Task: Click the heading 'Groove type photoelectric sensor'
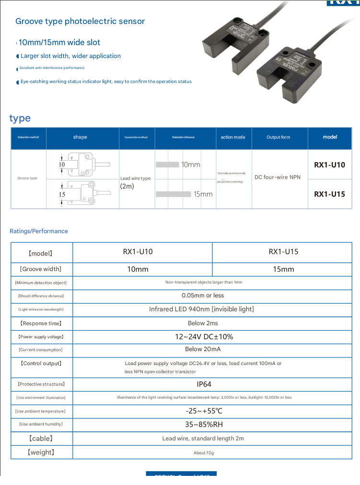coord(80,21)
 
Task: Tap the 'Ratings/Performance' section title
coord(39,231)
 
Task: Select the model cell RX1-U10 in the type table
coord(329,165)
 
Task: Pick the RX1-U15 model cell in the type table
coord(329,194)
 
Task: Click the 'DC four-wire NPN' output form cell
coord(278,177)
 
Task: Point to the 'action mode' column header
coord(233,137)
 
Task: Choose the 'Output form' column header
coord(279,137)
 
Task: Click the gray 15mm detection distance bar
coord(174,194)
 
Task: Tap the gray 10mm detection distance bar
coord(167,165)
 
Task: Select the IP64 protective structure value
coord(204,384)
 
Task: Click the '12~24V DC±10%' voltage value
coord(204,337)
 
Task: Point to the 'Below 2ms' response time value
coord(203,323)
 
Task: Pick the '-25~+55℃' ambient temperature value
coord(204,411)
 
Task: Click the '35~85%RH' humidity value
coord(204,425)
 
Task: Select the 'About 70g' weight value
coord(204,453)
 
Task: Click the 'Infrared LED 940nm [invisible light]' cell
coord(201,309)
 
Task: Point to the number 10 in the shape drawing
coord(62,165)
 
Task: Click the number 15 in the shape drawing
coord(62,194)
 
